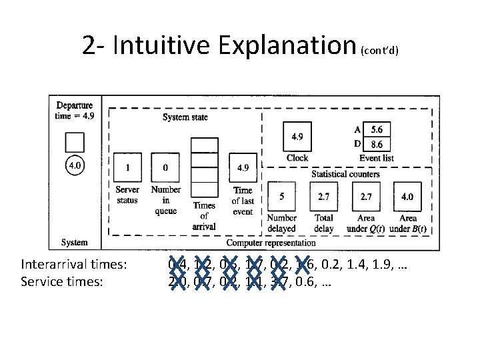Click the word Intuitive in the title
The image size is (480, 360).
[166, 46]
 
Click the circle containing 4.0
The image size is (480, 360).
[75, 165]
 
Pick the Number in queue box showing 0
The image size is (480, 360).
[165, 167]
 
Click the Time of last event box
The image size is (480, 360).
[243, 167]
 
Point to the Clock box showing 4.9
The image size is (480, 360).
[297, 137]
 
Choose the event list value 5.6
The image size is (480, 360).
[377, 129]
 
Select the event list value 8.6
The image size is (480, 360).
[377, 143]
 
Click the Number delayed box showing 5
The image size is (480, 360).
[281, 197]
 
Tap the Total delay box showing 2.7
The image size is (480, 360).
[324, 197]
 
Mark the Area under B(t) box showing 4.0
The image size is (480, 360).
[407, 197]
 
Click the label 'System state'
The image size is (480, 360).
[185, 117]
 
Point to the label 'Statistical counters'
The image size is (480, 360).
[345, 174]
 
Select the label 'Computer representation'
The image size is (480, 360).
[271, 243]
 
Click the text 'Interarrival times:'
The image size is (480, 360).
[74, 265]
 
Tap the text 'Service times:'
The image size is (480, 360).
[63, 281]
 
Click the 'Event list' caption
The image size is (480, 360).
[377, 158]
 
